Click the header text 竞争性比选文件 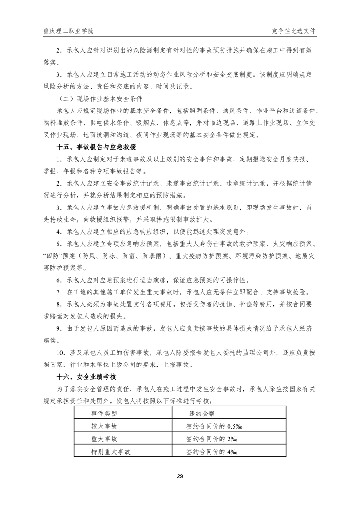pos(293,31)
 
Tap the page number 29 pos(180,476)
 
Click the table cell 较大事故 pos(104,426)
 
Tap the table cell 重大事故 pos(104,439)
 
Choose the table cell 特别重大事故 pos(111,452)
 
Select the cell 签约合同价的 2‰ pos(209,439)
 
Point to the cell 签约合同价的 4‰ pos(209,452)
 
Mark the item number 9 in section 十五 pos(58,328)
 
